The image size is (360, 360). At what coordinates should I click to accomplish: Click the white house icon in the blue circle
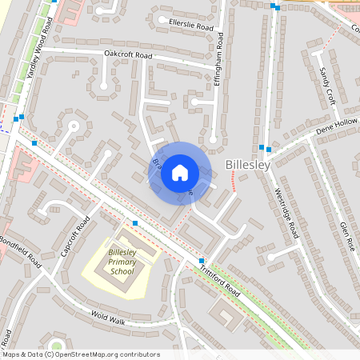pos(180,172)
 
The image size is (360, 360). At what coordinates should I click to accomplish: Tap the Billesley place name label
pos(248,164)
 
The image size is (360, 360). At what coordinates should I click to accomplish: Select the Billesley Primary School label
pos(122,262)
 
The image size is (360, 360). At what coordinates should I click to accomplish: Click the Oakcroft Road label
pos(128,54)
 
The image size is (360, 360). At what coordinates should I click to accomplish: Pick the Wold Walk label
pos(109,318)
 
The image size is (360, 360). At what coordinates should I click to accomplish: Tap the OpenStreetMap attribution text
pos(80,354)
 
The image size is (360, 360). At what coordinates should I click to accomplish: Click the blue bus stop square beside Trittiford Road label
pos(202,262)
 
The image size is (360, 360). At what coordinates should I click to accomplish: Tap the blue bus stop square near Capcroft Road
pos(135,222)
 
